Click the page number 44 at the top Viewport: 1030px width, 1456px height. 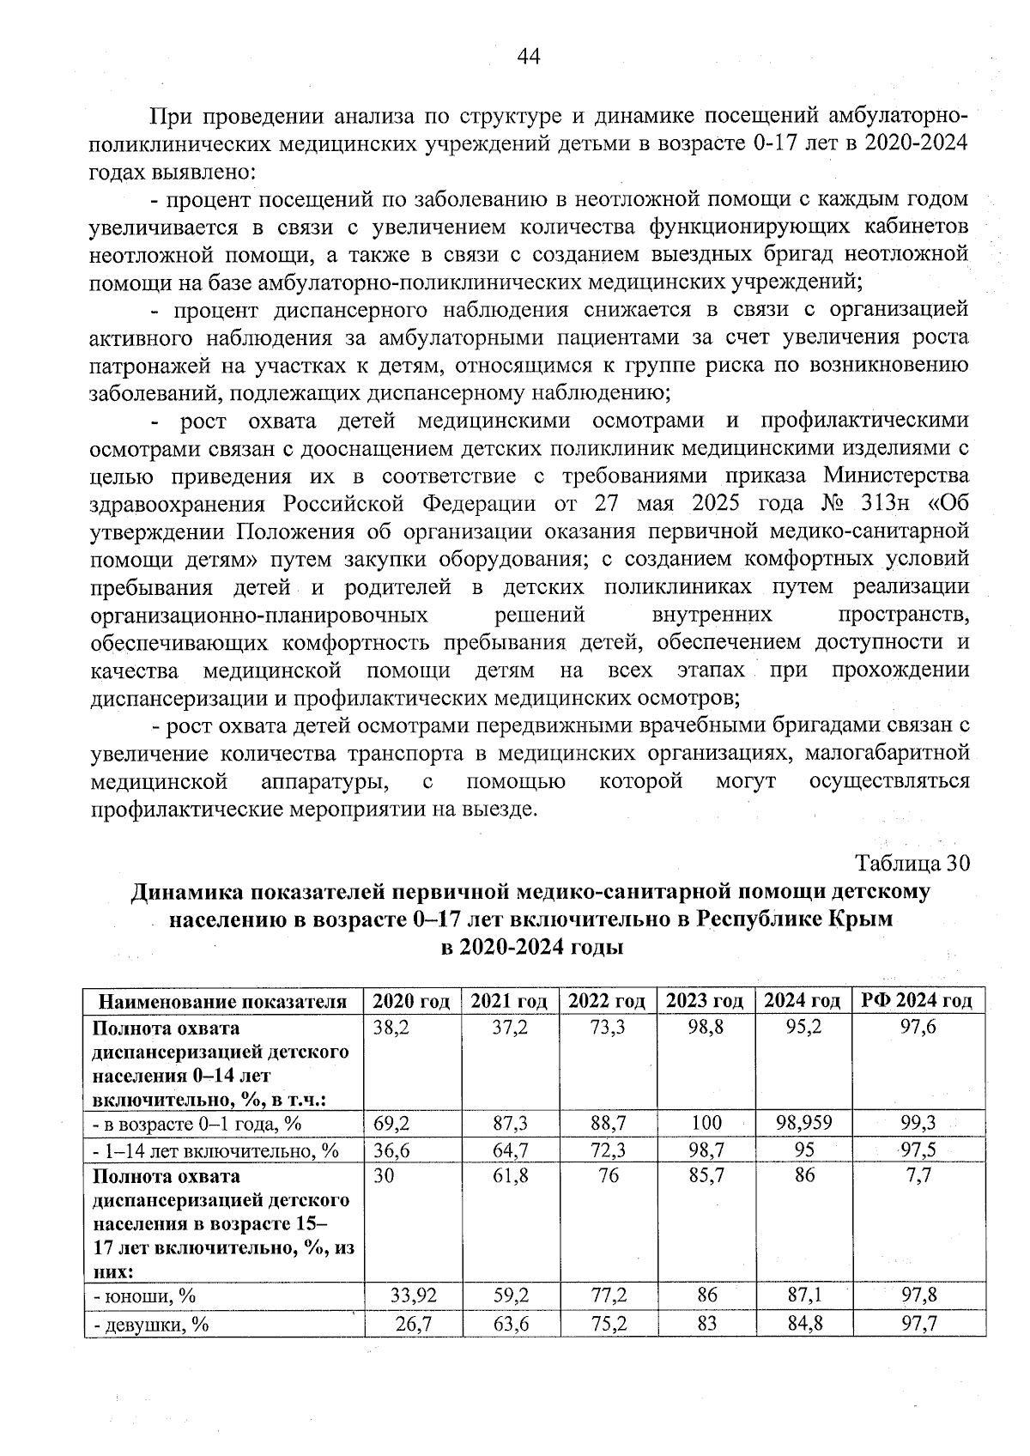[527, 57]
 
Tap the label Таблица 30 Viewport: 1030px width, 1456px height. [912, 862]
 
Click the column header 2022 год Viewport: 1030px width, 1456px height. [607, 1001]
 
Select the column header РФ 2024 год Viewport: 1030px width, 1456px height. [915, 1001]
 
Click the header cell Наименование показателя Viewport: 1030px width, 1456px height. [223, 1002]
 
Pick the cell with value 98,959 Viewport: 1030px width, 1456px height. [803, 1123]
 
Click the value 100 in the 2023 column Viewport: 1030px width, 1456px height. [706, 1123]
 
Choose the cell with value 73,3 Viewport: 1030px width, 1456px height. [608, 1028]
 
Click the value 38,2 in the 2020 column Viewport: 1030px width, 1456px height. [391, 1028]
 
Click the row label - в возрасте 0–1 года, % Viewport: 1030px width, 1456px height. [197, 1124]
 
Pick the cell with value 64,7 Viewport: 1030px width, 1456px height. [510, 1150]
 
